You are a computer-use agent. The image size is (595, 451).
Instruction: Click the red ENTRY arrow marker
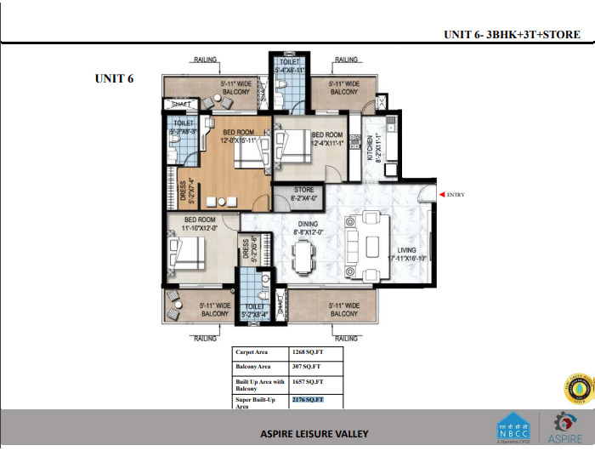(x=442, y=195)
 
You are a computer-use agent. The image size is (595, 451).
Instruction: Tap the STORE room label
(x=303, y=194)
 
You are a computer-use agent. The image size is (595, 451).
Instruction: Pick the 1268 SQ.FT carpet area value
(x=307, y=351)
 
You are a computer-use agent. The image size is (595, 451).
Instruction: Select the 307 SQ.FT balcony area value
(x=305, y=366)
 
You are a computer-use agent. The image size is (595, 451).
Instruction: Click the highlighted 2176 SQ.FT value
(x=307, y=399)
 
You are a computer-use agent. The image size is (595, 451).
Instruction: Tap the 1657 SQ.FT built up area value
(x=307, y=383)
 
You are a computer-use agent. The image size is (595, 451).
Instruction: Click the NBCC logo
(x=511, y=427)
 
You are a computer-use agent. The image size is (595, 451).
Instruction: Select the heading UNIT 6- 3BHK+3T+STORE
(x=512, y=35)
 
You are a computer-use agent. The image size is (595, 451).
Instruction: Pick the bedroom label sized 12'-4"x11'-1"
(x=327, y=140)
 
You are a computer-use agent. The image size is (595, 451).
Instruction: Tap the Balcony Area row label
(x=252, y=366)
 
